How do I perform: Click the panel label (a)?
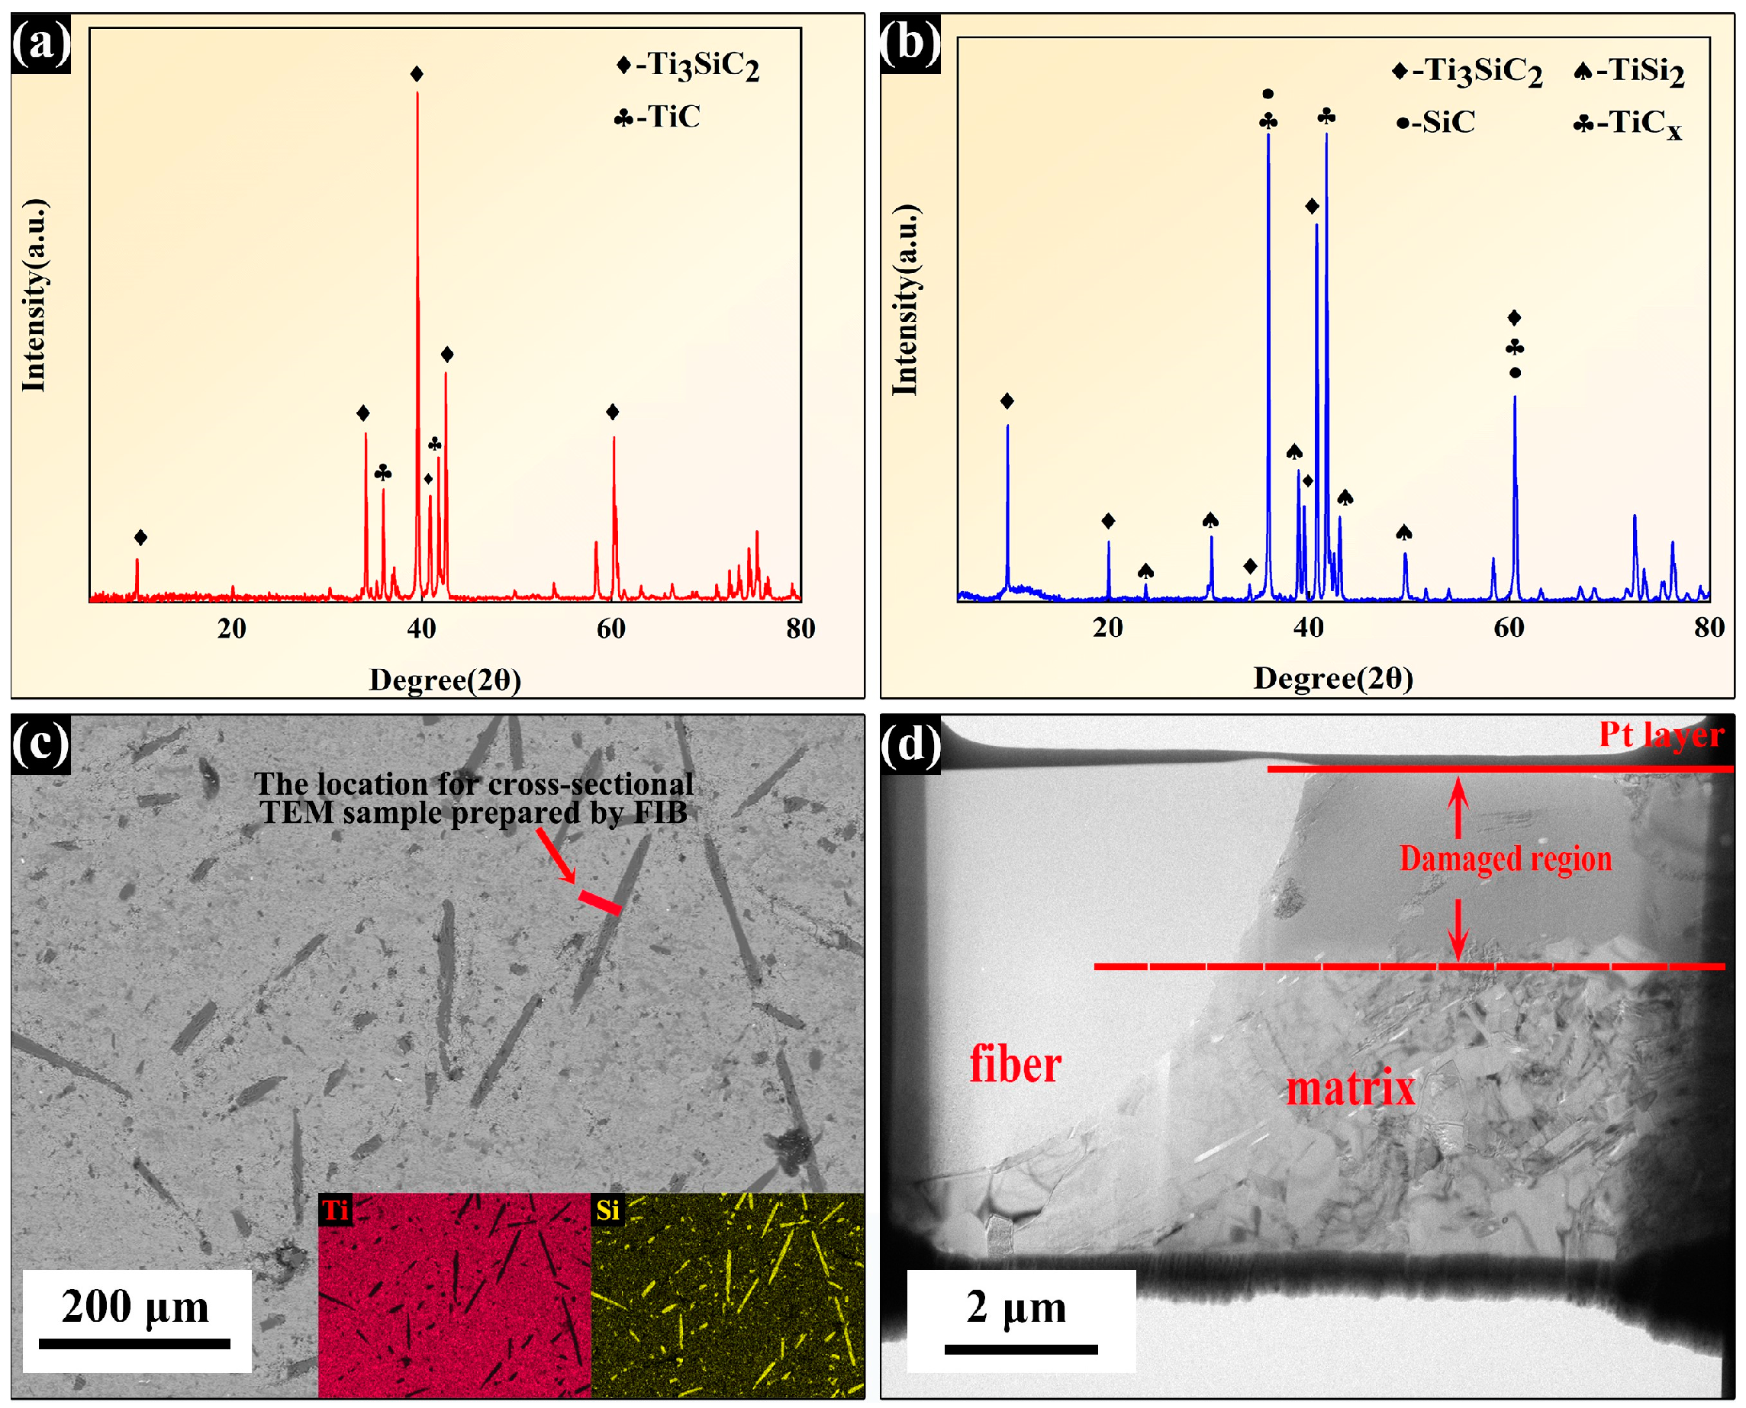point(40,43)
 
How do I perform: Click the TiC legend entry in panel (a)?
point(657,117)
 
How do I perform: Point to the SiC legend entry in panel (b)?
point(1436,123)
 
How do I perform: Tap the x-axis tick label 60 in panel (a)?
point(611,628)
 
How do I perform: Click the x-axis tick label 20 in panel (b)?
point(1107,627)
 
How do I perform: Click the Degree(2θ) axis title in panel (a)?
point(445,680)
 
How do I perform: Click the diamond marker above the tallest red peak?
point(417,75)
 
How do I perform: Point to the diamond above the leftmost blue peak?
point(1007,400)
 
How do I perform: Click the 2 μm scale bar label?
point(1016,1307)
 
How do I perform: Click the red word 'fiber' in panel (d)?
point(1015,1065)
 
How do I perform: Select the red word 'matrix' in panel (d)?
point(1350,1088)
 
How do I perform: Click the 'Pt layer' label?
point(1661,734)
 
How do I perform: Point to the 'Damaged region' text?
point(1505,858)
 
